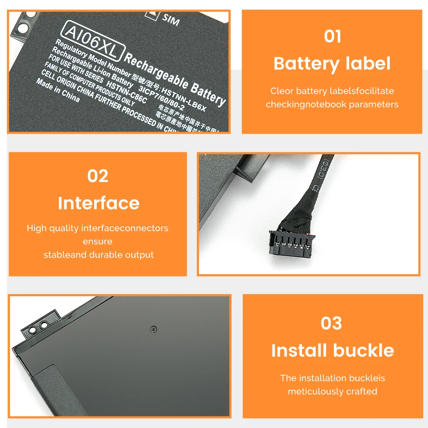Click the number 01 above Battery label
coord(332,36)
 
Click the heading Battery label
coord(332,64)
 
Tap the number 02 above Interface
coord(98,176)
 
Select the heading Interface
coord(98,203)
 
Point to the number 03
coord(332,323)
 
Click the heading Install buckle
coord(332,351)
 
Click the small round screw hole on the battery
coord(153,329)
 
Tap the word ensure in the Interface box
coord(98,241)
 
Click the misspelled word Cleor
coord(281,91)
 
